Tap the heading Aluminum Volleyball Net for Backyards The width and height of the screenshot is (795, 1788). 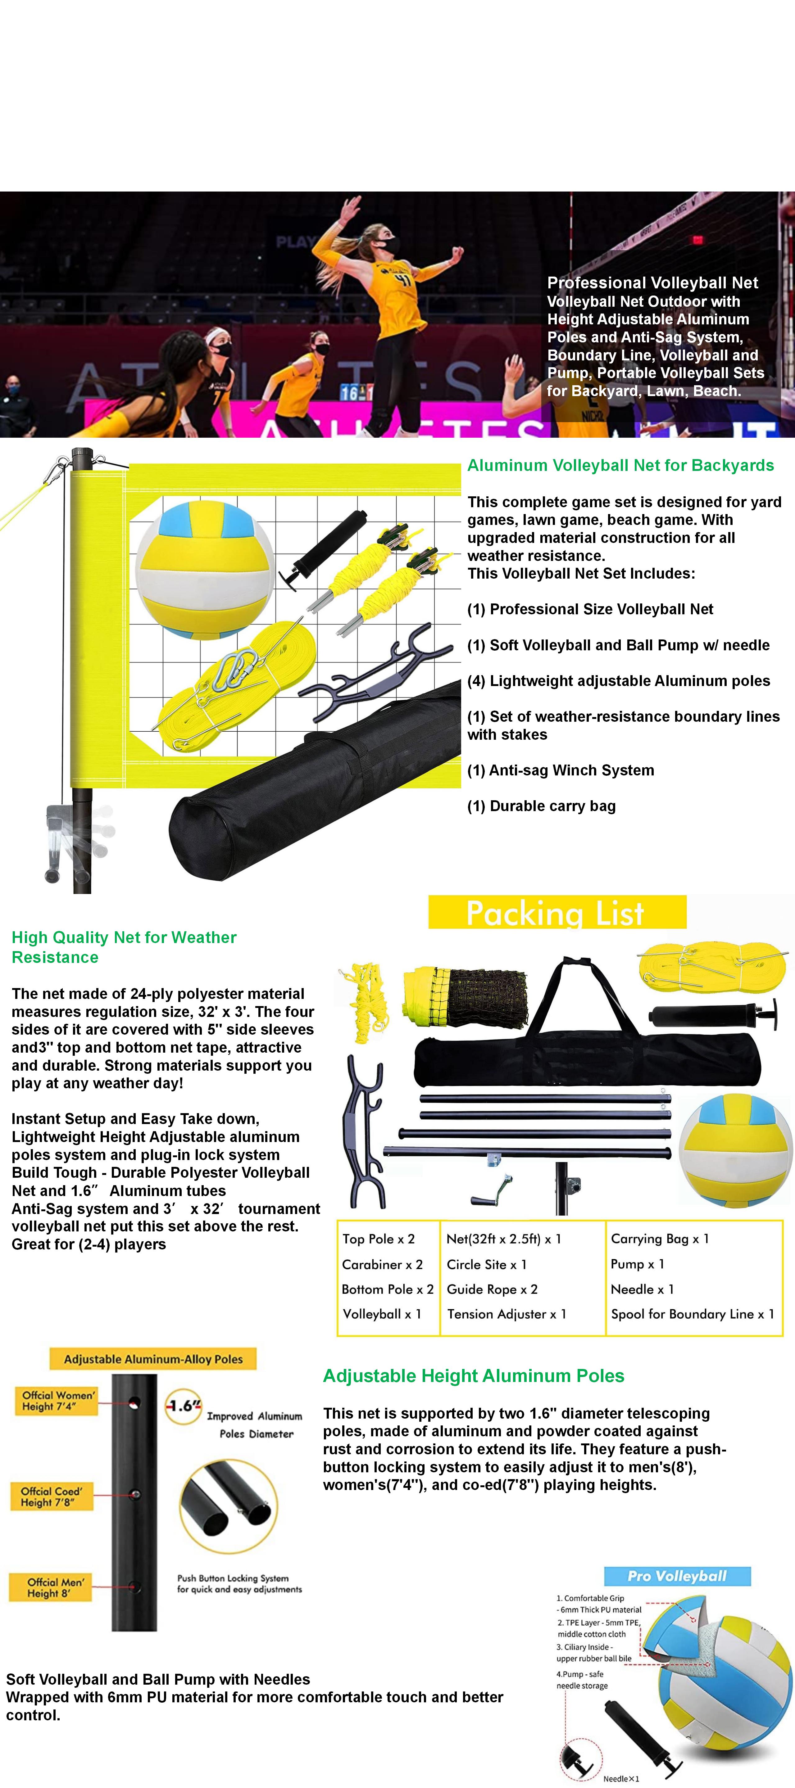click(620, 465)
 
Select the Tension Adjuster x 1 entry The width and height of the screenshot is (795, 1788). click(506, 1314)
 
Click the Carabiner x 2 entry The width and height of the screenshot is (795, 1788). click(382, 1264)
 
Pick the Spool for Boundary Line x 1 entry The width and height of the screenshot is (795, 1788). click(692, 1314)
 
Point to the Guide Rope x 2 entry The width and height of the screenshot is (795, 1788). click(492, 1289)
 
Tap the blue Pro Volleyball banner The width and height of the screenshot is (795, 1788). click(677, 1576)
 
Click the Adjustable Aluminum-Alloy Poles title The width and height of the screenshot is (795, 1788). click(153, 1359)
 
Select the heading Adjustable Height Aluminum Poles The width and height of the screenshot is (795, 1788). click(474, 1376)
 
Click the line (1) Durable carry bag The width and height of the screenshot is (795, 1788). click(541, 806)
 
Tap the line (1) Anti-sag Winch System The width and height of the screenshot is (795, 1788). click(560, 770)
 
